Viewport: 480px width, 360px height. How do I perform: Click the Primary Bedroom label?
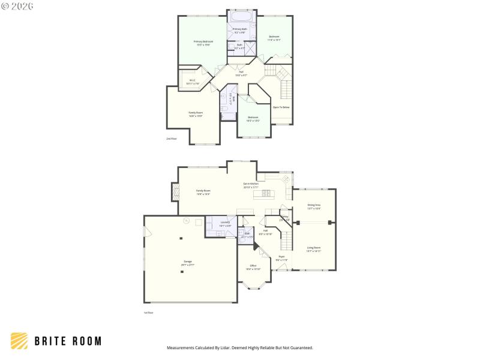(203, 42)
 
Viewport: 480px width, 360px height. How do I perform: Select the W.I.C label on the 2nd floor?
(193, 81)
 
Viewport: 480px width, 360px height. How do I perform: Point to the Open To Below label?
(281, 107)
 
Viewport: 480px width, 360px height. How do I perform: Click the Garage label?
(188, 263)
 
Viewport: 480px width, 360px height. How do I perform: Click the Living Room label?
(314, 248)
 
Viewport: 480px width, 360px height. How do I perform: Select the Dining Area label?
(314, 208)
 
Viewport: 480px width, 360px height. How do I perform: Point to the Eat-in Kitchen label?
(251, 185)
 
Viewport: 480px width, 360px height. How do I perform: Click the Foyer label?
(282, 258)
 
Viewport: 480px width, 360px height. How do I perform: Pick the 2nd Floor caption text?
(172, 139)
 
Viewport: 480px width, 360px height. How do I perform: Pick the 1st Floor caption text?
(148, 313)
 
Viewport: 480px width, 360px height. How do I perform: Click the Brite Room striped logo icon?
(19, 341)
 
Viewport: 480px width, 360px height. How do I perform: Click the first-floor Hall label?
(265, 231)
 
